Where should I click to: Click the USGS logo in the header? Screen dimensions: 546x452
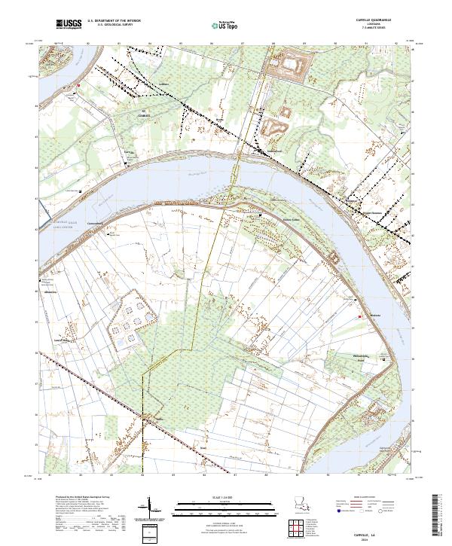[70, 24]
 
